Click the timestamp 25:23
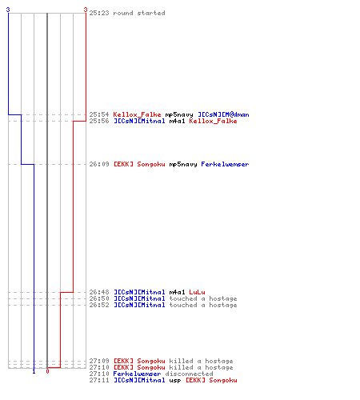(99, 13)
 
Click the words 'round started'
(139, 13)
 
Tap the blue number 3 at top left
(8, 10)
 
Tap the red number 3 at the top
(86, 10)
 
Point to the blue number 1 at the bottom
(34, 371)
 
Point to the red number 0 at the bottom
(47, 371)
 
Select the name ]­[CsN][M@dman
(223, 114)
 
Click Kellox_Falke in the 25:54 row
(137, 114)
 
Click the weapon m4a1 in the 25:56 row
(177, 121)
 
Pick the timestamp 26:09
(99, 164)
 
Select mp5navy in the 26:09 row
(183, 164)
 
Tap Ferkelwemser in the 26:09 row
(225, 164)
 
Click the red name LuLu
(197, 292)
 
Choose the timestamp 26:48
(99, 292)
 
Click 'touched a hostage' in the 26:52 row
(203, 305)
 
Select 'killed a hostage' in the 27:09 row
(201, 361)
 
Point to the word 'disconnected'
(189, 374)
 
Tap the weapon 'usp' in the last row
(175, 381)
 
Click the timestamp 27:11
(99, 380)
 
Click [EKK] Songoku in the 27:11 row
(211, 380)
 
